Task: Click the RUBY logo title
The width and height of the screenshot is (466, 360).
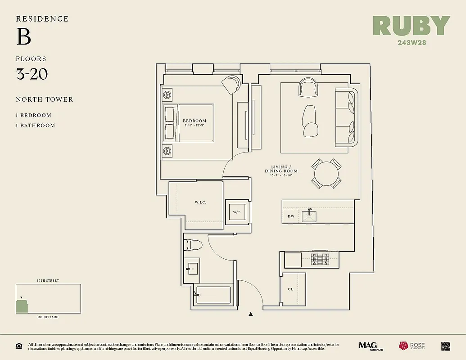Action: [x=412, y=26]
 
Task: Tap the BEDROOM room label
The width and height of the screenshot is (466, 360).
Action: [x=195, y=121]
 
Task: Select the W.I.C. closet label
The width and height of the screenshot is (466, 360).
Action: [x=200, y=202]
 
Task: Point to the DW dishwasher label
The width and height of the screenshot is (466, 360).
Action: [x=291, y=216]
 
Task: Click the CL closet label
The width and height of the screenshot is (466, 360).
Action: [x=290, y=289]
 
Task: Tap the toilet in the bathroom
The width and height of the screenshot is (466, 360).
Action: [x=193, y=245]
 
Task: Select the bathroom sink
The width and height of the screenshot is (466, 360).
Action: [x=192, y=269]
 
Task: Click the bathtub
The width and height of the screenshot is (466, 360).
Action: [x=213, y=295]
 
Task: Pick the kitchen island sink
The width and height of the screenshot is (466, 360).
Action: [x=310, y=216]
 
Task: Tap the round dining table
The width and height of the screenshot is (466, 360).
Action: [x=326, y=173]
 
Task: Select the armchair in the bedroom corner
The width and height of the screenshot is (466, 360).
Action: [x=232, y=84]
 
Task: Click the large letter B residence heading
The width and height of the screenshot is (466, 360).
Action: [x=23, y=37]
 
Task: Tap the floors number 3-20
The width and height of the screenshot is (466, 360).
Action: [x=32, y=74]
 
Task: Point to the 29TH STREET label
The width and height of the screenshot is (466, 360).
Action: [x=48, y=281]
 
